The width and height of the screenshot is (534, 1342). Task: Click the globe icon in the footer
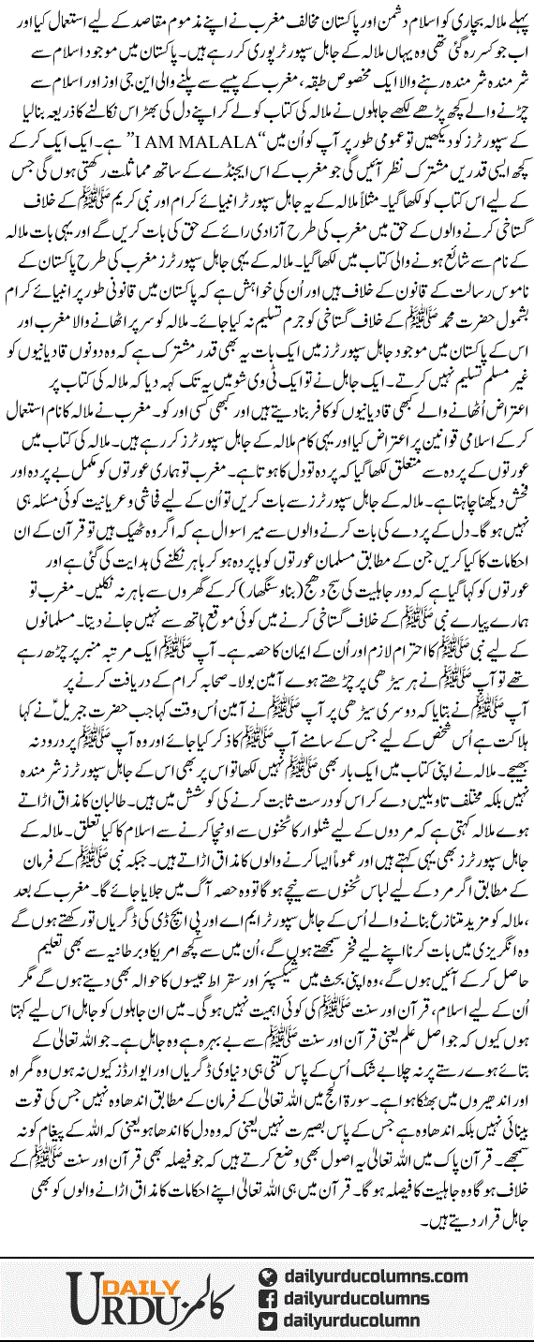(268, 1276)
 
